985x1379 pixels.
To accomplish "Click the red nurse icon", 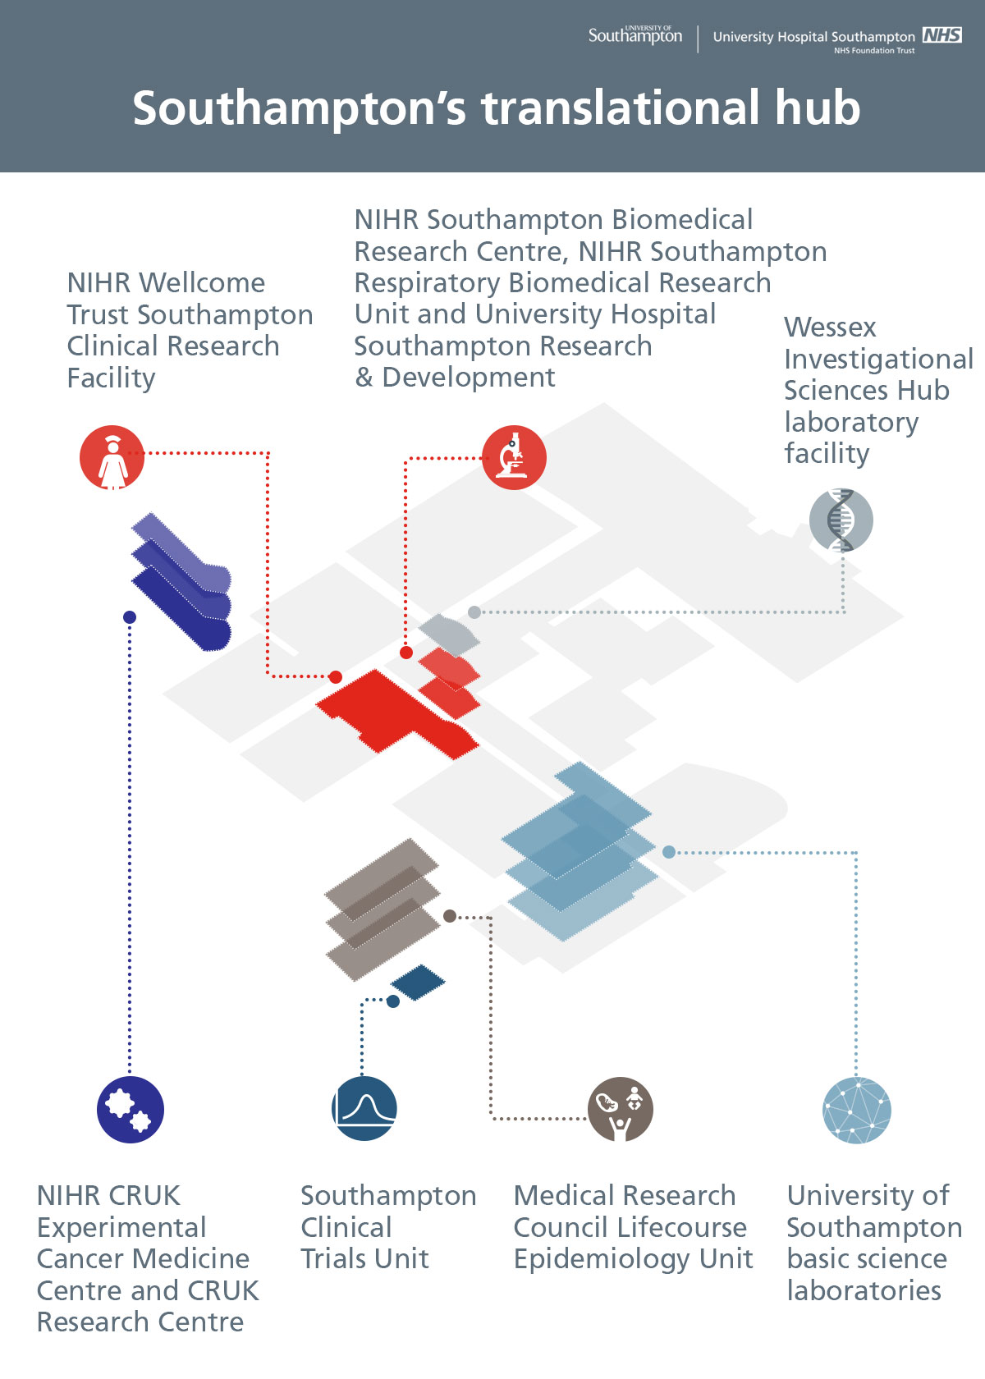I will tap(112, 457).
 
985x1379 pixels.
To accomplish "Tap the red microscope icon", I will tap(514, 457).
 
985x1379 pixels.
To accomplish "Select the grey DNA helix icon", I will tap(841, 520).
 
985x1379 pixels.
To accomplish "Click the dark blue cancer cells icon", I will tap(131, 1110).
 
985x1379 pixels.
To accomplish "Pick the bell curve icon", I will tap(364, 1108).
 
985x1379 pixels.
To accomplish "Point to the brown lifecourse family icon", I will tap(621, 1110).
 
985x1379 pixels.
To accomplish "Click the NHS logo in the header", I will tap(942, 35).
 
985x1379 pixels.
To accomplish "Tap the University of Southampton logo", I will tap(635, 35).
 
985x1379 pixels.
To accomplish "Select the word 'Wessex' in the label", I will tap(830, 328).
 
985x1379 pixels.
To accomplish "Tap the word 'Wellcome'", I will tap(202, 283).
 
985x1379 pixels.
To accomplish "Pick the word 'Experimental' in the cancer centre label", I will tap(121, 1228).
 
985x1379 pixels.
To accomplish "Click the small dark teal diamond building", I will tap(418, 983).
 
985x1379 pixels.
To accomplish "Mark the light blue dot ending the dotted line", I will tap(669, 852).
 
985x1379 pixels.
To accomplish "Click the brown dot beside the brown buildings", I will tap(450, 916).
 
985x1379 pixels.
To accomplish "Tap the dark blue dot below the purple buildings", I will tap(130, 617).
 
